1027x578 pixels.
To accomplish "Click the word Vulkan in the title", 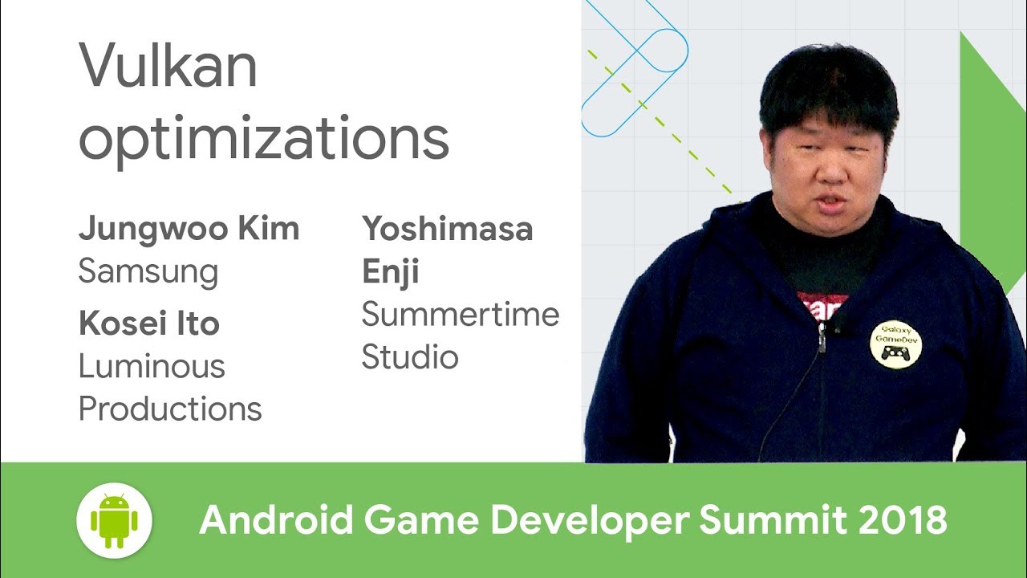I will point(168,67).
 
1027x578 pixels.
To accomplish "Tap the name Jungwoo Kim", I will point(189,230).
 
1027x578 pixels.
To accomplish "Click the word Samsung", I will point(148,271).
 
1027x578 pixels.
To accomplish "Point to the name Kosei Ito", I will point(149,324).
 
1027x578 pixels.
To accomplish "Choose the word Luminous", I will point(152,367).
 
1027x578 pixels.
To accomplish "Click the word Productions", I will point(170,409).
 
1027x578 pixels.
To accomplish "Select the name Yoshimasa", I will point(447,230).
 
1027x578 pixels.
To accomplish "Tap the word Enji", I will point(391,271).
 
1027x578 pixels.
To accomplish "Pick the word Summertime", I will point(460,314).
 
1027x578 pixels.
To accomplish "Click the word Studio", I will point(409,356).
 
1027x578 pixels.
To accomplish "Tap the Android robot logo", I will point(114,520).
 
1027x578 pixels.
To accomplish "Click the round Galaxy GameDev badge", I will point(895,344).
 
